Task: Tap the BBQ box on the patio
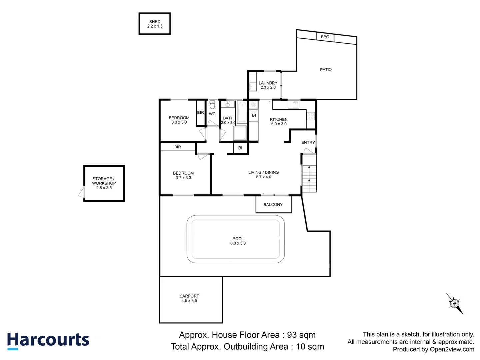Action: click(325, 37)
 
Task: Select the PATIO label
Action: click(326, 70)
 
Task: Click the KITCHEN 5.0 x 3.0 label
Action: click(279, 122)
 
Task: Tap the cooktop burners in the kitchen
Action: click(310, 116)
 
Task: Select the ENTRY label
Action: click(308, 142)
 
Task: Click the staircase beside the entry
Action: click(309, 178)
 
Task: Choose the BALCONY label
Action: click(273, 205)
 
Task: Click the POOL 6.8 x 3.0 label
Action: click(238, 241)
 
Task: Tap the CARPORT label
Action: click(189, 298)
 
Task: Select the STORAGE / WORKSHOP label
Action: click(104, 183)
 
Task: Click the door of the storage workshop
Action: click(82, 192)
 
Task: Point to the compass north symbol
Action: click(455, 303)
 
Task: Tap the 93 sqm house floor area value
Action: click(301, 335)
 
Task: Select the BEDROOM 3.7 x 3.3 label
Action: click(183, 175)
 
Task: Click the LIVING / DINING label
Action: click(263, 175)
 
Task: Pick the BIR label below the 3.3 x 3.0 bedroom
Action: click(178, 147)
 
